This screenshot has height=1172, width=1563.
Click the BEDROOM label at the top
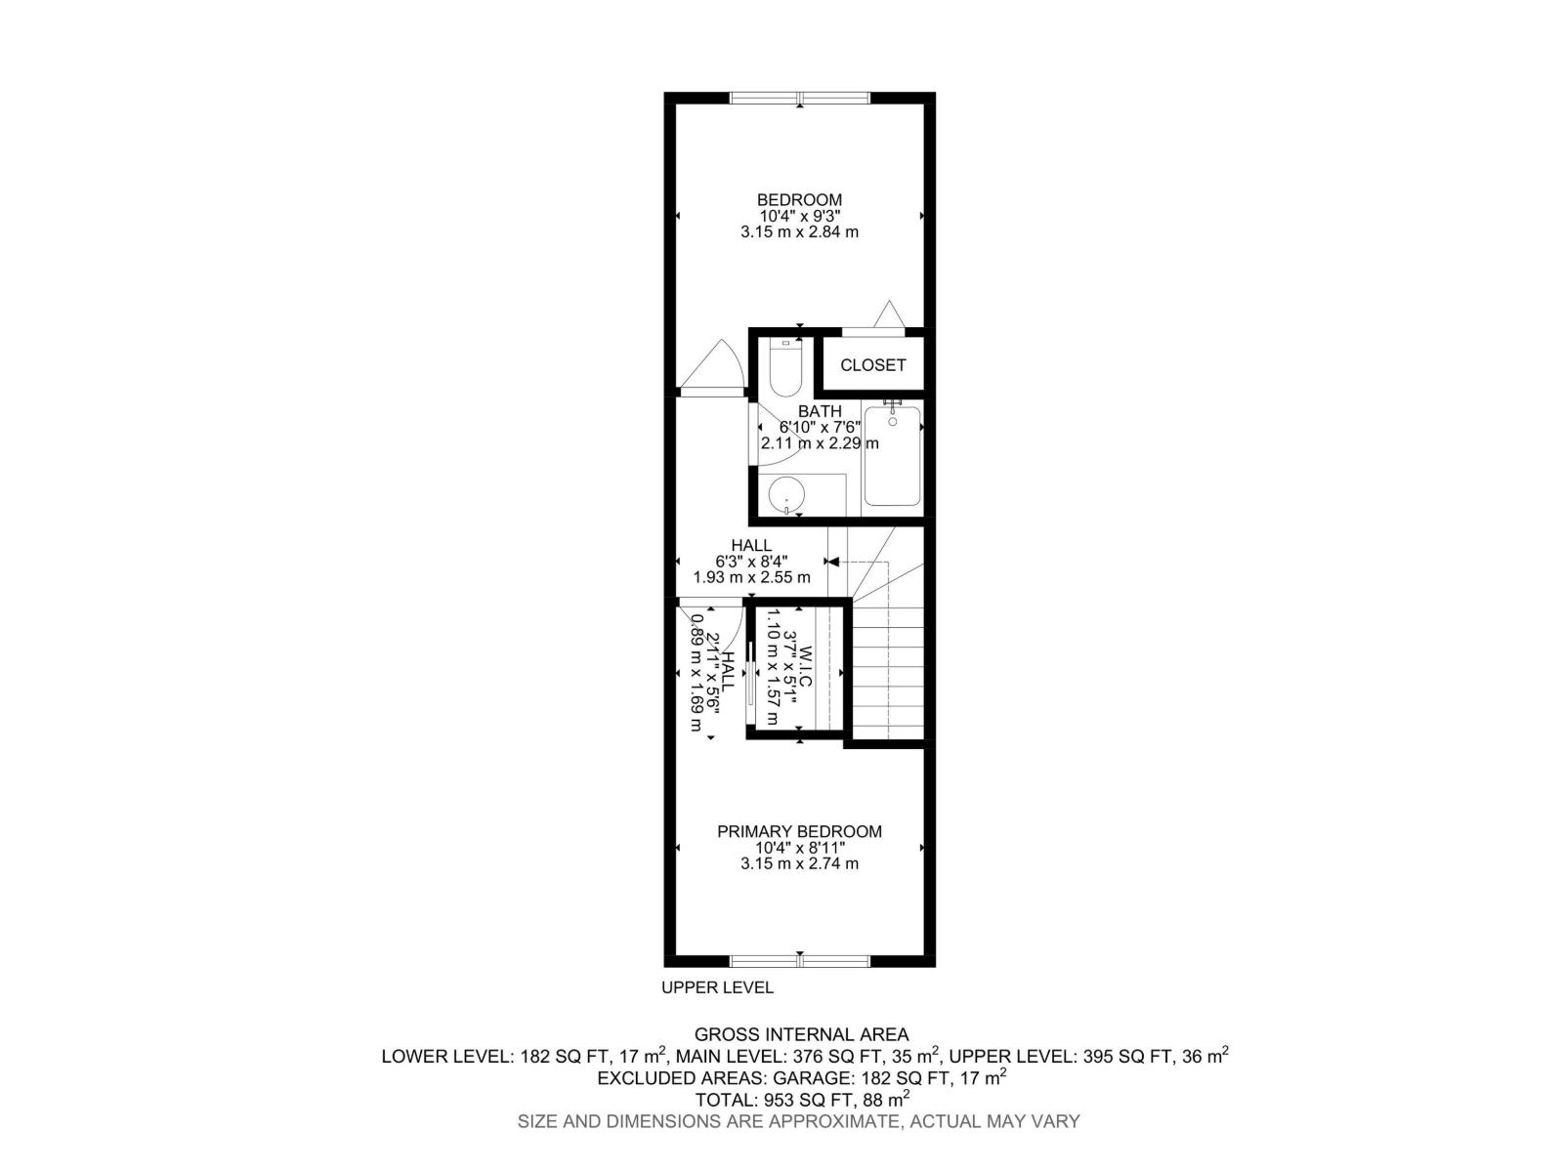799,199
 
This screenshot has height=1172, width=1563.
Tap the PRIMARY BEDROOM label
799,831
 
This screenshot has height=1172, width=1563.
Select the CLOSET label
873,365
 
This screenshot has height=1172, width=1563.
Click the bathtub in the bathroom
892,456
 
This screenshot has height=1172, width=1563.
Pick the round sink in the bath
785,495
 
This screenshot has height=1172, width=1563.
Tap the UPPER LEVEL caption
717,987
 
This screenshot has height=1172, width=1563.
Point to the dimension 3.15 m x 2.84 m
799,232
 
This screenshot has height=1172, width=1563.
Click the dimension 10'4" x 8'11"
799,848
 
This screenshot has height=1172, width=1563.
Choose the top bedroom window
800,98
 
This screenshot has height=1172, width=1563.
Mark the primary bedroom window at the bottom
800,961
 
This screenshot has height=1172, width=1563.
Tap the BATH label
820,412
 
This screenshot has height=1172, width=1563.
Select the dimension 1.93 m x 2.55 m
751,577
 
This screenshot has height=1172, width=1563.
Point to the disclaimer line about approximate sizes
799,1122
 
